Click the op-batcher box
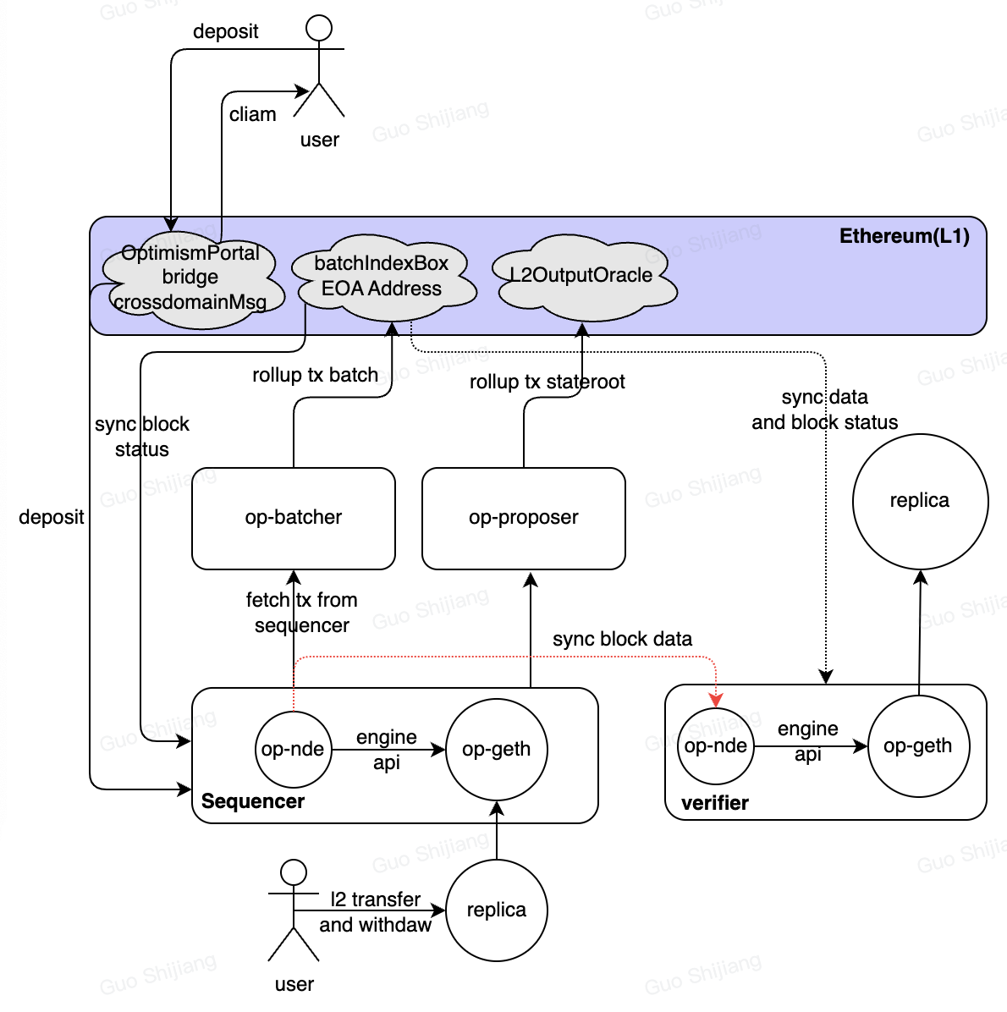pyautogui.click(x=293, y=518)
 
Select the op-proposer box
pyautogui.click(x=524, y=518)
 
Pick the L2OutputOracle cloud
pyautogui.click(x=584, y=278)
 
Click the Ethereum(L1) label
pyautogui.click(x=905, y=236)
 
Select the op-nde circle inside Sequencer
pyautogui.click(x=293, y=750)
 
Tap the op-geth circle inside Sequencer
pyautogui.click(x=497, y=750)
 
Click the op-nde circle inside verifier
pyautogui.click(x=716, y=746)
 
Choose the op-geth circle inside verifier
pyautogui.click(x=918, y=746)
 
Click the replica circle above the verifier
pyautogui.click(x=920, y=502)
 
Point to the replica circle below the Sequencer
pyautogui.click(x=497, y=910)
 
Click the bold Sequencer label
pyautogui.click(x=253, y=801)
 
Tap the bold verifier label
pyautogui.click(x=715, y=804)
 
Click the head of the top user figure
pyautogui.click(x=319, y=29)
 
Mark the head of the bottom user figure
pyautogui.click(x=294, y=872)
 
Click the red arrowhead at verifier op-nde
pyautogui.click(x=716, y=700)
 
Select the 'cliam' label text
pyautogui.click(x=252, y=114)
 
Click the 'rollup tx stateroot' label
pyautogui.click(x=548, y=382)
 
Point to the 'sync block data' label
pyautogui.click(x=622, y=639)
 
